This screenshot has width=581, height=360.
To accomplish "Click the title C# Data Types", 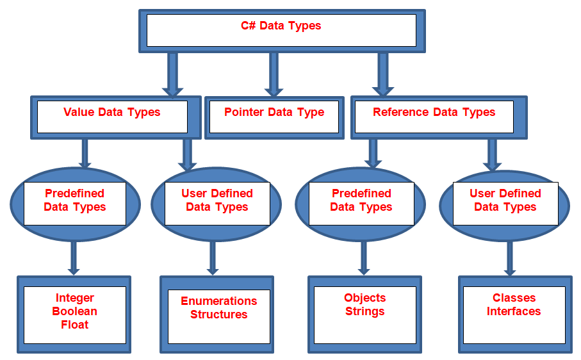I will (281, 26).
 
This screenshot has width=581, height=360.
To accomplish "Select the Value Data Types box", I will (112, 113).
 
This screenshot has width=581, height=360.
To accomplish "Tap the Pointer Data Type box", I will (274, 113).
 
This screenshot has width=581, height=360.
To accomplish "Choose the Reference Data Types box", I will (434, 113).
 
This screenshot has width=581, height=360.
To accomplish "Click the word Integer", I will (75, 298).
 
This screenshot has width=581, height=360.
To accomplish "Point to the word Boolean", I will (75, 311).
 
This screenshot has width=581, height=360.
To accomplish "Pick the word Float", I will (75, 325).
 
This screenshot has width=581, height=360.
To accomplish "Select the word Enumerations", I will (218, 301).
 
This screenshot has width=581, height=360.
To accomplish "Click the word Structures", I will (218, 315).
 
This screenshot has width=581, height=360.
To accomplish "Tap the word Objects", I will (364, 298).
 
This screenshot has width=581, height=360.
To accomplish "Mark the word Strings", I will (364, 311).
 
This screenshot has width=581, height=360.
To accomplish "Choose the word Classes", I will (514, 298).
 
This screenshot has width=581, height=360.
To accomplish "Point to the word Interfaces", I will (514, 311).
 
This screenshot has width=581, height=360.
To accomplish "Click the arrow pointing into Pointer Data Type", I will (274, 74).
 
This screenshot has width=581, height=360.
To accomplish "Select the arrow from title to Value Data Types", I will (172, 74).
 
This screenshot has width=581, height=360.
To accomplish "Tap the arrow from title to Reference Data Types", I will (383, 74).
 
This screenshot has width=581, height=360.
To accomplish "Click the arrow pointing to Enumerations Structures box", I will (213, 258).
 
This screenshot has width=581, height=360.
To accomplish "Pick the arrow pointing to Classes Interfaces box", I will (510, 258).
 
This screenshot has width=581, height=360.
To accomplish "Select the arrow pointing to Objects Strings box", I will (364, 258).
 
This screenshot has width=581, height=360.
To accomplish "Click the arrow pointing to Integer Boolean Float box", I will (74, 258).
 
